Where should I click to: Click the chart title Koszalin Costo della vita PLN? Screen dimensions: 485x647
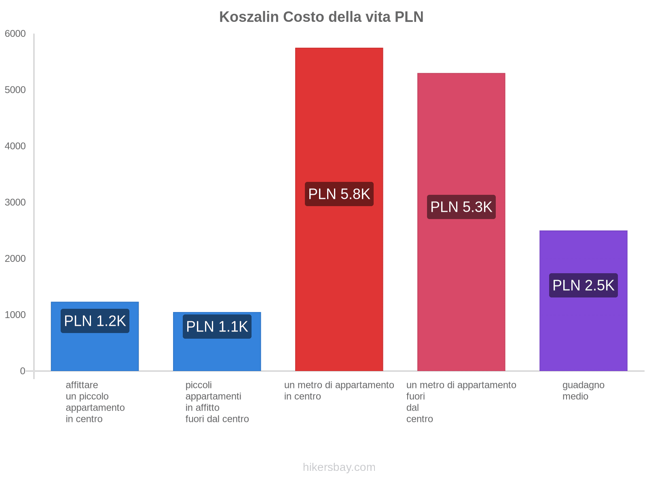pos(321,17)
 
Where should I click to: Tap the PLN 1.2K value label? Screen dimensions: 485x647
pos(95,321)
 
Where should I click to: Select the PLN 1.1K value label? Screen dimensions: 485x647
pos(217,327)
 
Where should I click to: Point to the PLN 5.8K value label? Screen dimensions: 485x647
pos(339,194)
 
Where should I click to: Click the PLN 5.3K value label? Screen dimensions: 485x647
pos(461,207)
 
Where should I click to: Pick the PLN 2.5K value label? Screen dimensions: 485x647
pos(583,285)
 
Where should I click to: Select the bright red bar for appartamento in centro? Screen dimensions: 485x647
pos(339,121)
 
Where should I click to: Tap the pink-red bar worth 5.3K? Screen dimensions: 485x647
pos(461,141)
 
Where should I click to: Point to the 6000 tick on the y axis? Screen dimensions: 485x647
pos(15,34)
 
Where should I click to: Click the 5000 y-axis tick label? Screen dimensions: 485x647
pos(15,90)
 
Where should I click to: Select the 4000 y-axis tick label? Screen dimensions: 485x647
pos(15,146)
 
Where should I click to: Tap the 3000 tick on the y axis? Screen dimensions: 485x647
pos(15,202)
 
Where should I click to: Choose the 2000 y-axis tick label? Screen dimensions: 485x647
pos(15,259)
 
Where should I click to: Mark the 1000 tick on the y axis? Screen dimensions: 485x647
pos(15,315)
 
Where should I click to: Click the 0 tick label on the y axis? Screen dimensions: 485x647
pos(23,371)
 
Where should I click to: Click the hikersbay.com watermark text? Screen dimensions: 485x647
pos(339,467)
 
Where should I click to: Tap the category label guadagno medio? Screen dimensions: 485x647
pos(583,390)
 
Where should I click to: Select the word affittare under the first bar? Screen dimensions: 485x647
pos(82,385)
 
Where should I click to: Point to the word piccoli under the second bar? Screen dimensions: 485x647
pos(199,385)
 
